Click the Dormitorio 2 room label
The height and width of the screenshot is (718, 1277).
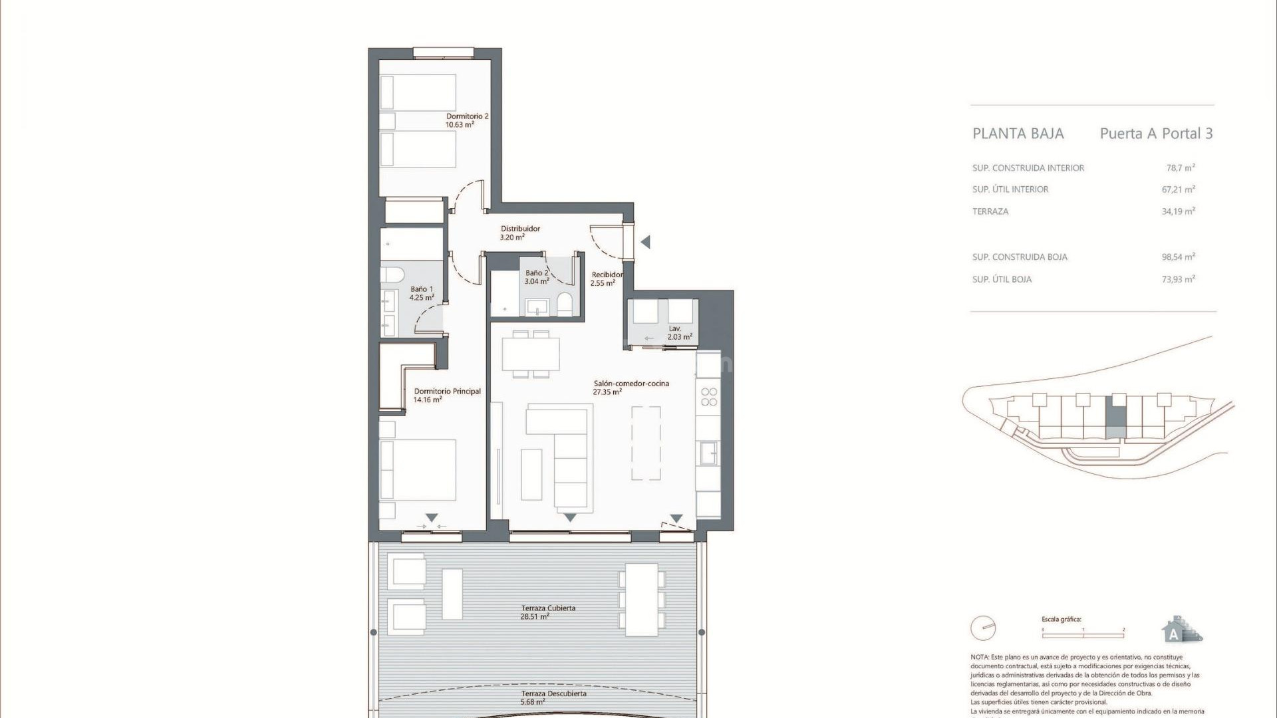point(467,120)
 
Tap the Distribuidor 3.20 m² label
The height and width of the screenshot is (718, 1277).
point(520,233)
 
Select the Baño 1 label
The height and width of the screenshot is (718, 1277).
point(422,293)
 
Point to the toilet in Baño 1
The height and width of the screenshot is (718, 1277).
point(390,275)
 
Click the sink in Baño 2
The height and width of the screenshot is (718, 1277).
point(535,307)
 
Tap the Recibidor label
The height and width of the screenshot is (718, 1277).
point(606,279)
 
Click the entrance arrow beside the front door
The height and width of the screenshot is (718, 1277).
point(645,243)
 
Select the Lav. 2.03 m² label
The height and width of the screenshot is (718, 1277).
point(679,333)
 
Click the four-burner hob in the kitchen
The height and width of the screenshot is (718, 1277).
point(709,397)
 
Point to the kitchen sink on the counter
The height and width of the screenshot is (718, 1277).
point(708,453)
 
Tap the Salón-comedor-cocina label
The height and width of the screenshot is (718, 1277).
point(631,388)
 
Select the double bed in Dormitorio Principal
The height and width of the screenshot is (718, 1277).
point(418,469)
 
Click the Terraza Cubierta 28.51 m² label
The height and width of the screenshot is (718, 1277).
point(547,612)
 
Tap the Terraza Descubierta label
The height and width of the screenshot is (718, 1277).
point(553,697)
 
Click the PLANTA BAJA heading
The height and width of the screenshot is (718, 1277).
point(1018,134)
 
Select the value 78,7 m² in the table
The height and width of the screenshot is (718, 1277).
point(1180,168)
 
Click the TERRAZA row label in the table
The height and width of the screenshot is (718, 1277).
point(990,211)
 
